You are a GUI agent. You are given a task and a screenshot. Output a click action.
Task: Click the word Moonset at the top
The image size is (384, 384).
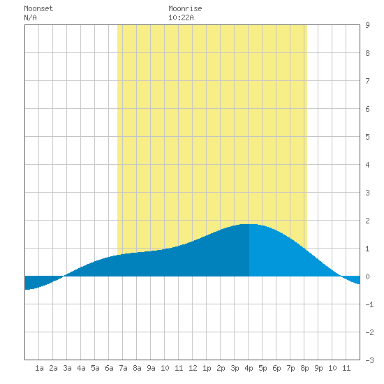click(x=38, y=9)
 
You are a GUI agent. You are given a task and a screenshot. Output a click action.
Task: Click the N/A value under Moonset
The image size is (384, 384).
click(x=30, y=17)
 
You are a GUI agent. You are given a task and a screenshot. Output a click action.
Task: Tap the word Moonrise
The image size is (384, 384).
click(x=185, y=9)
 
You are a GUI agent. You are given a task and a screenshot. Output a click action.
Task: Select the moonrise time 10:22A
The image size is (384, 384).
click(x=181, y=17)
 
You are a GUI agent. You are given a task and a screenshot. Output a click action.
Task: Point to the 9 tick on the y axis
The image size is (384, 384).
click(x=367, y=25)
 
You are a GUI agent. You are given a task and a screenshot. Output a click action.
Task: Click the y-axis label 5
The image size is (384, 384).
click(x=367, y=137)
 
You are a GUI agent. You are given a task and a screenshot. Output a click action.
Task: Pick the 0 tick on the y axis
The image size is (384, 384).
click(x=367, y=276)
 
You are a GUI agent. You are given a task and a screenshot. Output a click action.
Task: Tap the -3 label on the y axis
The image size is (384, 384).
click(x=369, y=360)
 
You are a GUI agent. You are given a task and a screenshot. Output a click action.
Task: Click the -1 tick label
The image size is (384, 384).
click(x=369, y=304)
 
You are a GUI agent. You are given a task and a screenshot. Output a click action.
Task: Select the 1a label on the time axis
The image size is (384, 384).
click(x=39, y=368)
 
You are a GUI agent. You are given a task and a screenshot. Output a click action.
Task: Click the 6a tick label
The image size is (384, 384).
click(x=109, y=368)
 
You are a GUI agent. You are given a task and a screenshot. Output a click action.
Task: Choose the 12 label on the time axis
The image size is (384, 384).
click(x=193, y=368)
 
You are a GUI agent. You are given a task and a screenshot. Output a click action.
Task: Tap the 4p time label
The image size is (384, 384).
click(x=249, y=368)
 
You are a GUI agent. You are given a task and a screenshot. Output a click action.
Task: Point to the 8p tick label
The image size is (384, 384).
click(x=304, y=368)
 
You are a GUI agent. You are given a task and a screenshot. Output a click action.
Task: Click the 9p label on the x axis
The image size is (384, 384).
click(x=318, y=368)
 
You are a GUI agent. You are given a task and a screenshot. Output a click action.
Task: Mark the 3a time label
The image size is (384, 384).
click(x=67, y=368)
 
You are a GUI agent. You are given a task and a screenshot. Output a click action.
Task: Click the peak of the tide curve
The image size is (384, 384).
click(x=249, y=224)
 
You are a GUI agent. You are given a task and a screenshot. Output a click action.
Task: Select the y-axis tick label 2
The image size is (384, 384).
click(x=367, y=221)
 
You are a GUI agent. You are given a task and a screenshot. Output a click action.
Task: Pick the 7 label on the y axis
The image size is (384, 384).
click(x=367, y=81)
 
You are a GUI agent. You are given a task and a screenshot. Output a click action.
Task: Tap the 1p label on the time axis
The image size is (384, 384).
click(x=207, y=368)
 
